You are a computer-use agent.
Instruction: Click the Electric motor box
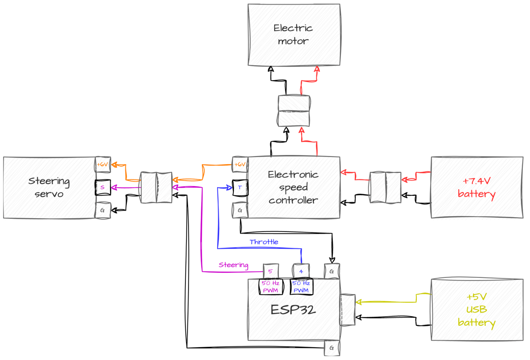(294, 35)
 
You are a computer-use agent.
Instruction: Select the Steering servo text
(49, 187)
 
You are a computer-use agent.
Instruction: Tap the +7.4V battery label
(476, 187)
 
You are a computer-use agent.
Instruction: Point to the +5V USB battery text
(476, 310)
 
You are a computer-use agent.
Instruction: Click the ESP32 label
(293, 310)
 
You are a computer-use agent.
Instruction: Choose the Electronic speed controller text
(293, 187)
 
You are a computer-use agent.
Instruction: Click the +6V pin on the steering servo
(102, 164)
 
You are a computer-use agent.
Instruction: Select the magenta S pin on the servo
(102, 187)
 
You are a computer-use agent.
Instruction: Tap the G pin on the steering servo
(102, 210)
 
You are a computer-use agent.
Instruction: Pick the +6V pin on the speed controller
(240, 164)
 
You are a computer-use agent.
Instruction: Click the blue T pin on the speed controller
(240, 187)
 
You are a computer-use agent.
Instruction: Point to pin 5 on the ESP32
(271, 271)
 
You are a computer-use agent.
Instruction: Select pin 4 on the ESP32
(301, 271)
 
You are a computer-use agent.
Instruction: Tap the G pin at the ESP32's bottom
(332, 348)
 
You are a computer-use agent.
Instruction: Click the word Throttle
(263, 242)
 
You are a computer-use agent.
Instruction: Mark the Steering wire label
(233, 265)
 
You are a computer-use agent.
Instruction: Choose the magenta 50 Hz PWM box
(271, 287)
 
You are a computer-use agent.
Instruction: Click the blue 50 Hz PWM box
(301, 287)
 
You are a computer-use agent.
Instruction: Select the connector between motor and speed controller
(294, 111)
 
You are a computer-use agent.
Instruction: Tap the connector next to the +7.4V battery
(385, 187)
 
